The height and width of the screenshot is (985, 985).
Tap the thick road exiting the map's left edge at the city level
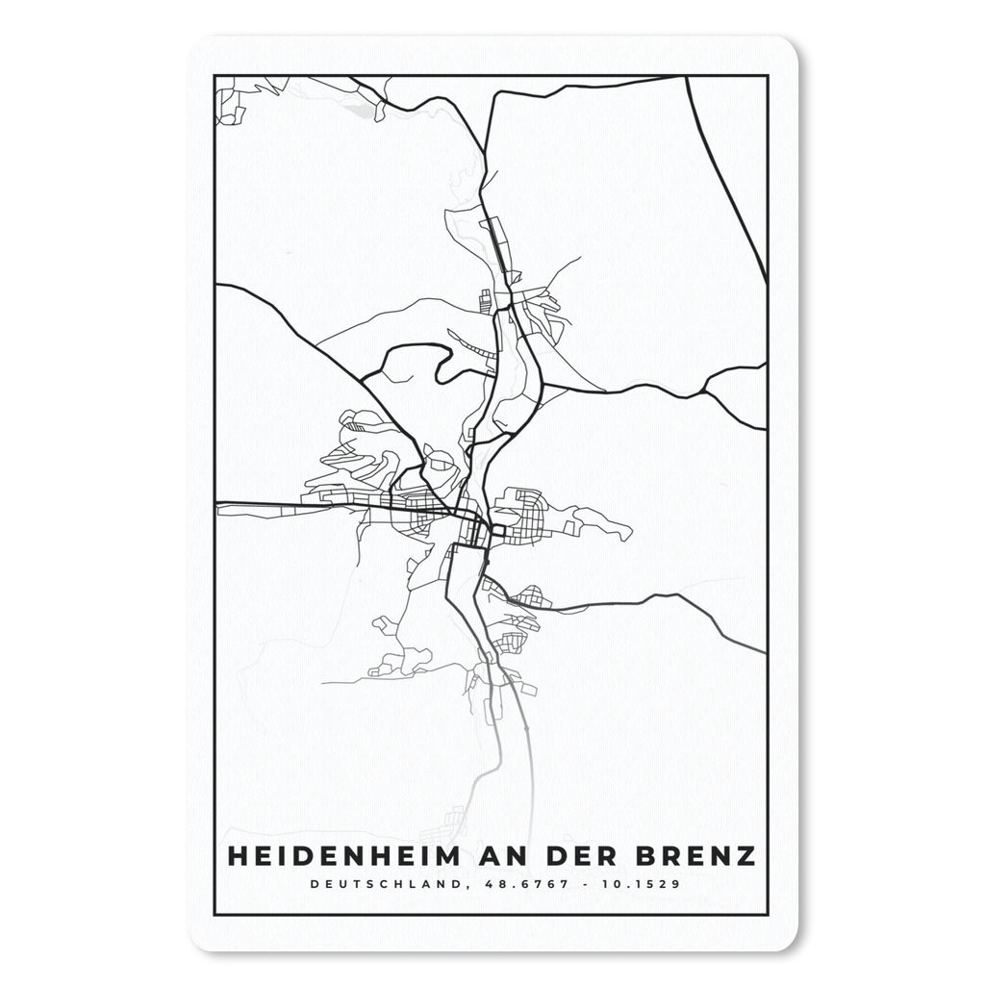click(231, 503)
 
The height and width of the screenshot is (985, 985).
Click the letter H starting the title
click(235, 855)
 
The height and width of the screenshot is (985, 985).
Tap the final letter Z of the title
click(746, 855)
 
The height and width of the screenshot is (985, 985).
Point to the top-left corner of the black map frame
click(215, 76)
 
